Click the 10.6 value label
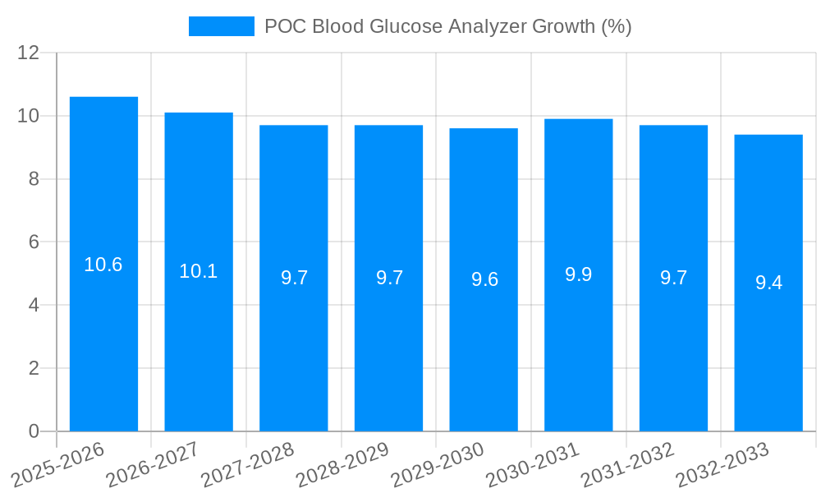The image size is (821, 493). click(x=103, y=265)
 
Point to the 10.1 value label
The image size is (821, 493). click(x=199, y=271)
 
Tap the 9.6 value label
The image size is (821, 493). click(x=484, y=279)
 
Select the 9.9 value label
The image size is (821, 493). click(x=579, y=274)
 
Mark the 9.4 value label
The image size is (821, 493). click(x=769, y=283)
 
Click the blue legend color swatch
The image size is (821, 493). click(x=222, y=26)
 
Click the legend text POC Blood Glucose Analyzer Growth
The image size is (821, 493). click(x=447, y=26)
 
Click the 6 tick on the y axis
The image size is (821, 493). click(x=34, y=242)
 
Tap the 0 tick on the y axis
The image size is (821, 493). click(x=34, y=431)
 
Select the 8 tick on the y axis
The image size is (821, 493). click(x=34, y=179)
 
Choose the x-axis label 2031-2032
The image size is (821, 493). click(x=626, y=464)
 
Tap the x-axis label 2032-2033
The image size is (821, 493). click(x=721, y=464)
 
